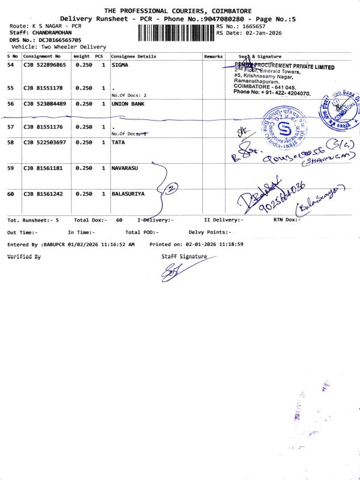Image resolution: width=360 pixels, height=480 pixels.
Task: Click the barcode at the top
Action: click(x=176, y=32)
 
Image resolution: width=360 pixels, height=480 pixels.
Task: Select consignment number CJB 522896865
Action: click(x=44, y=65)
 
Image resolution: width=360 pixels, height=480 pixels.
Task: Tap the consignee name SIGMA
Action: click(x=121, y=65)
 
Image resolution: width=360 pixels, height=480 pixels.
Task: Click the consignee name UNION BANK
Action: click(x=128, y=104)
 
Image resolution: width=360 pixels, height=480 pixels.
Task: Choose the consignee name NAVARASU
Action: click(x=125, y=169)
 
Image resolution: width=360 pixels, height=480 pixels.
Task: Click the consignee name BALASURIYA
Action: click(x=128, y=194)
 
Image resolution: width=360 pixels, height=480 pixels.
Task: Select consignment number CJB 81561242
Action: click(x=43, y=194)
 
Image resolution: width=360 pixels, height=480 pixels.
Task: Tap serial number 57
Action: click(x=11, y=127)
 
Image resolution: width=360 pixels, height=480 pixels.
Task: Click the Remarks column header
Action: click(x=213, y=56)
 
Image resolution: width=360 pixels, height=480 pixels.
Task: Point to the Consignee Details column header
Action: click(x=134, y=56)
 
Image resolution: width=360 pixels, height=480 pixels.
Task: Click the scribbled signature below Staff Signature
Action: click(x=174, y=273)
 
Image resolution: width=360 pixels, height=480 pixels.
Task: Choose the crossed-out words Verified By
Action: click(x=24, y=256)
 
